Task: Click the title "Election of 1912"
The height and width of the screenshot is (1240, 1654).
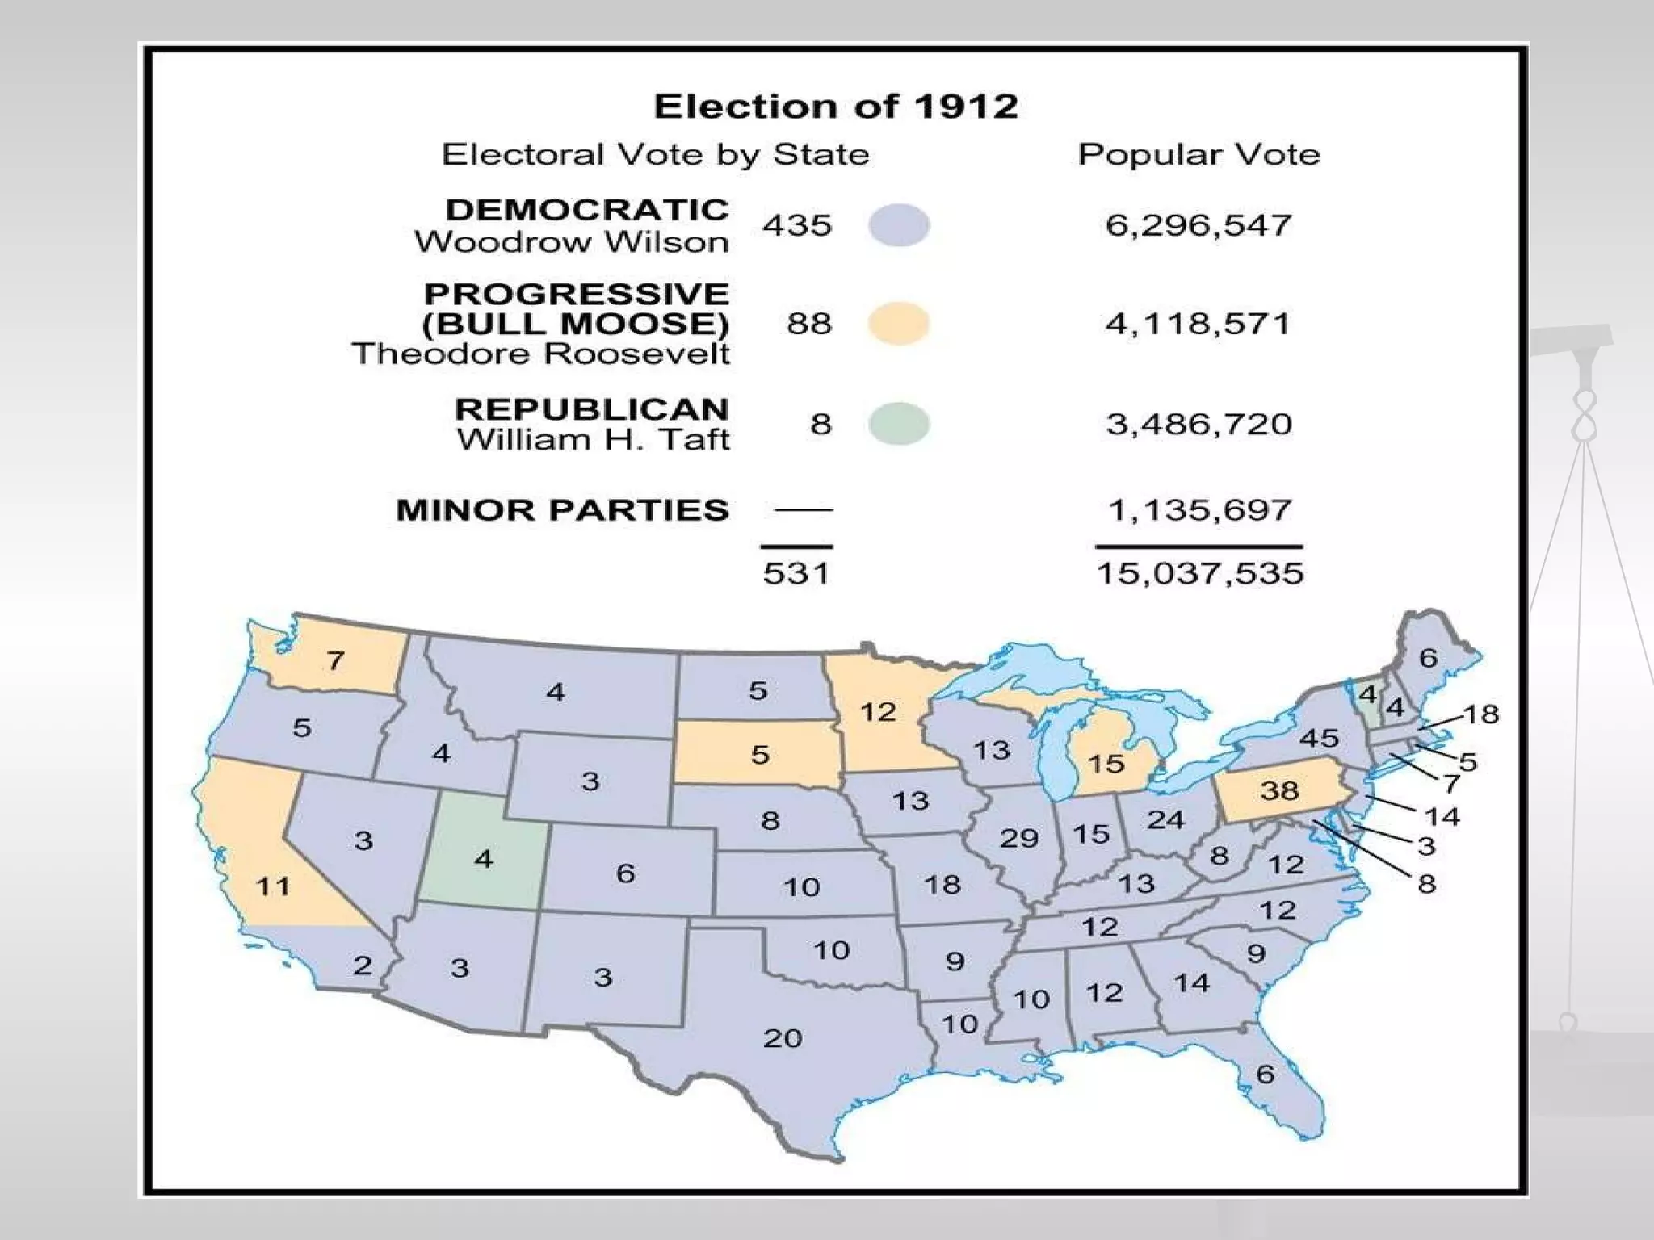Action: [x=836, y=107]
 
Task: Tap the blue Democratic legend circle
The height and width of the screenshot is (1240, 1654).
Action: [x=899, y=225]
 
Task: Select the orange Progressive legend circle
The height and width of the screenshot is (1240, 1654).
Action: [x=899, y=324]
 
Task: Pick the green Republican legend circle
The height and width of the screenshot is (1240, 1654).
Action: [x=899, y=424]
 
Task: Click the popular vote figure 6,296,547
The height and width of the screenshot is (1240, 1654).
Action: [x=1199, y=225]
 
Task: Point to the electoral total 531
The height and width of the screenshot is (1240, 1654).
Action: [x=796, y=574]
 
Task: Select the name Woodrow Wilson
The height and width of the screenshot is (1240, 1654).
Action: [x=572, y=242]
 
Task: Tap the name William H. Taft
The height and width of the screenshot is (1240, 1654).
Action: [x=594, y=441]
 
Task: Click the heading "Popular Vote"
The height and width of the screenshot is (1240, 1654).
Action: [x=1199, y=154]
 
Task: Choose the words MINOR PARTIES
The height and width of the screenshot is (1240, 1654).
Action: [x=562, y=510]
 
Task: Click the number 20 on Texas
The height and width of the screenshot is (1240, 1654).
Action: [x=783, y=1038]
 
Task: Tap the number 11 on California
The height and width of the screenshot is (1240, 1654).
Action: [x=273, y=886]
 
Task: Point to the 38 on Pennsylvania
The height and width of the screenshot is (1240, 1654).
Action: [x=1279, y=790]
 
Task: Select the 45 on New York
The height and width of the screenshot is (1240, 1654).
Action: [x=1319, y=739]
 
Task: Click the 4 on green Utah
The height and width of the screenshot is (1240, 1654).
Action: [x=484, y=858]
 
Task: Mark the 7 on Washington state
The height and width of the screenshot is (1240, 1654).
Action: [x=335, y=661]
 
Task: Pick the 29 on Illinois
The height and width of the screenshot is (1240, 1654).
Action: [x=1019, y=838]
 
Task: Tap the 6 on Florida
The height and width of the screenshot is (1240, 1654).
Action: [x=1266, y=1074]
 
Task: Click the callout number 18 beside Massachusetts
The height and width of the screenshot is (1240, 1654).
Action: [x=1482, y=714]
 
